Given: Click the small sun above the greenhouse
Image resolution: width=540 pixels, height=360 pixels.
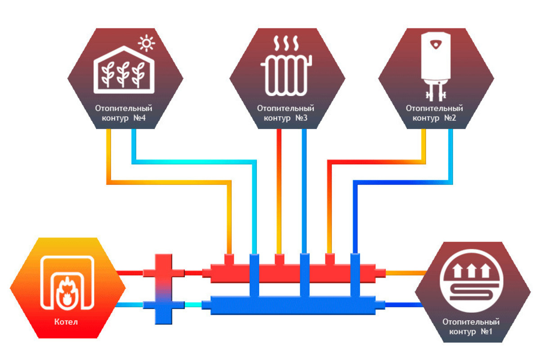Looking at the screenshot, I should [146, 44].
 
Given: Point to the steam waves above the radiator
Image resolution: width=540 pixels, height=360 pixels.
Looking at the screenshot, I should [285, 44].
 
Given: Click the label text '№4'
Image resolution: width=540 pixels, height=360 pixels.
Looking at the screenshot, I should [139, 118].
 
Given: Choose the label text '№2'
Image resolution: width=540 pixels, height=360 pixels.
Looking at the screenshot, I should [450, 118].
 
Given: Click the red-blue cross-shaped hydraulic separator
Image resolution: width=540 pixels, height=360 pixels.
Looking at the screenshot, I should [163, 288].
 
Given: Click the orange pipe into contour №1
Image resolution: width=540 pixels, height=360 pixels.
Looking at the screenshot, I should [405, 273].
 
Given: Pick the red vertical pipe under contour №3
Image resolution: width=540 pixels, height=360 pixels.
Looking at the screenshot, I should [279, 189].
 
